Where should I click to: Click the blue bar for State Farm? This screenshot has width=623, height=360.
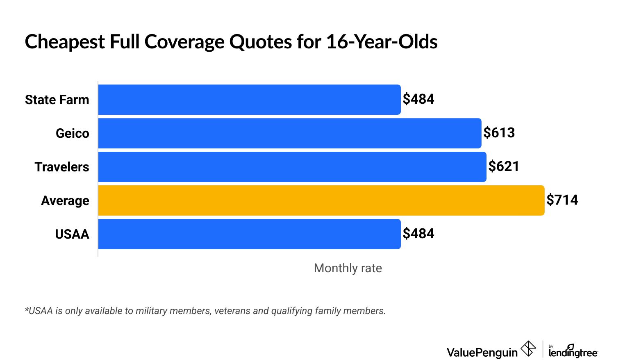[x=249, y=100]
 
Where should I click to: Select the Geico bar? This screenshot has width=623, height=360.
[x=289, y=133]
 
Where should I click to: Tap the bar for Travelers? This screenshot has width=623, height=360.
[x=292, y=167]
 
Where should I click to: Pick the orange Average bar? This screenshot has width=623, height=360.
[x=321, y=201]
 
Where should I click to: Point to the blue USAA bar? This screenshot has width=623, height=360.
[x=249, y=234]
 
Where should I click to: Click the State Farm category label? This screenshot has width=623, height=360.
[x=57, y=100]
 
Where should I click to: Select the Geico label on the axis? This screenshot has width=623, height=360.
[x=72, y=133]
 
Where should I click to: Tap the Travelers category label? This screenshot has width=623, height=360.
[x=61, y=167]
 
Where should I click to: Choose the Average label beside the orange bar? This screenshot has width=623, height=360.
[x=65, y=201]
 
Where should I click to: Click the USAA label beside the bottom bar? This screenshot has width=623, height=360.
[x=72, y=234]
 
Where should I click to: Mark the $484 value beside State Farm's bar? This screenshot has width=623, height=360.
[x=418, y=99]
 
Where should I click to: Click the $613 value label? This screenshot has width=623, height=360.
[x=499, y=133]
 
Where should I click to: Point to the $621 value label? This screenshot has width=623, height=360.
[x=504, y=166]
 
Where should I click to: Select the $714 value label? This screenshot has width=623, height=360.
[x=562, y=200]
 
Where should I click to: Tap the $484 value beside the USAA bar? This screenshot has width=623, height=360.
[x=418, y=234]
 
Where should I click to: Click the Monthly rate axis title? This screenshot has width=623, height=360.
[x=348, y=268]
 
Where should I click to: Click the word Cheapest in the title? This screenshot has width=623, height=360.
[x=65, y=42]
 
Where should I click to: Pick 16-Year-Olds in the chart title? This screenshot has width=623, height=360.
[x=382, y=42]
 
